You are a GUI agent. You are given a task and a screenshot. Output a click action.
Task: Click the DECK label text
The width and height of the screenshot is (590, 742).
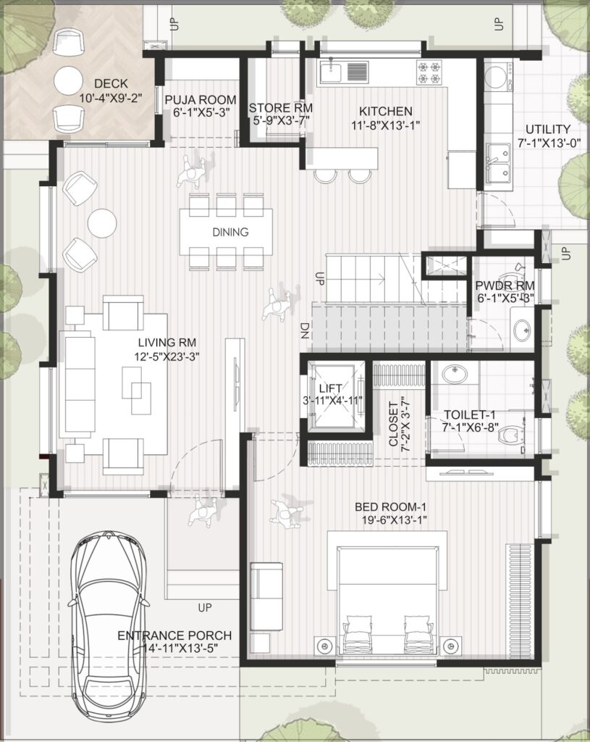(x=111, y=84)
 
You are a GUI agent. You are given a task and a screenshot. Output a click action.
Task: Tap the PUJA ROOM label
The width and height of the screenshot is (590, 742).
(x=201, y=100)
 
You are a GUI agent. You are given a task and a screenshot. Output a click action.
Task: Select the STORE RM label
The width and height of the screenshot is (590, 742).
(x=281, y=108)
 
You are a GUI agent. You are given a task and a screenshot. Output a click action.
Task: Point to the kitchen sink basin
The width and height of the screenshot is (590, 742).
(x=331, y=73)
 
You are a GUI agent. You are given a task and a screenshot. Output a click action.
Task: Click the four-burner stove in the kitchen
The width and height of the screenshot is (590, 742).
(x=429, y=72)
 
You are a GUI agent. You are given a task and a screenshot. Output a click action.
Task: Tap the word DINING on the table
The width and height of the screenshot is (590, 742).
(x=230, y=232)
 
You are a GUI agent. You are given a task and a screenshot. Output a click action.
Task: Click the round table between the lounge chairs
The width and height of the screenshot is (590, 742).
(x=102, y=222)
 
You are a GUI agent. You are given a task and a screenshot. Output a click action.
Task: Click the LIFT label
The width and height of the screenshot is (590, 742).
(x=330, y=388)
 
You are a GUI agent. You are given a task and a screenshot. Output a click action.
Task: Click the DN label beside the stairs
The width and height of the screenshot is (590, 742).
(x=305, y=330)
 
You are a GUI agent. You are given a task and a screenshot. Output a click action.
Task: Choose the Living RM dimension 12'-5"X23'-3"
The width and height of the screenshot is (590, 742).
(x=167, y=357)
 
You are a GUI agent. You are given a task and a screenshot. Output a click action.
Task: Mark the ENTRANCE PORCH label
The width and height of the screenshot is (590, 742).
(x=174, y=635)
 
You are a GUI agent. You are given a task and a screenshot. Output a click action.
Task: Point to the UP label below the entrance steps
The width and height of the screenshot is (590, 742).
(x=205, y=607)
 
